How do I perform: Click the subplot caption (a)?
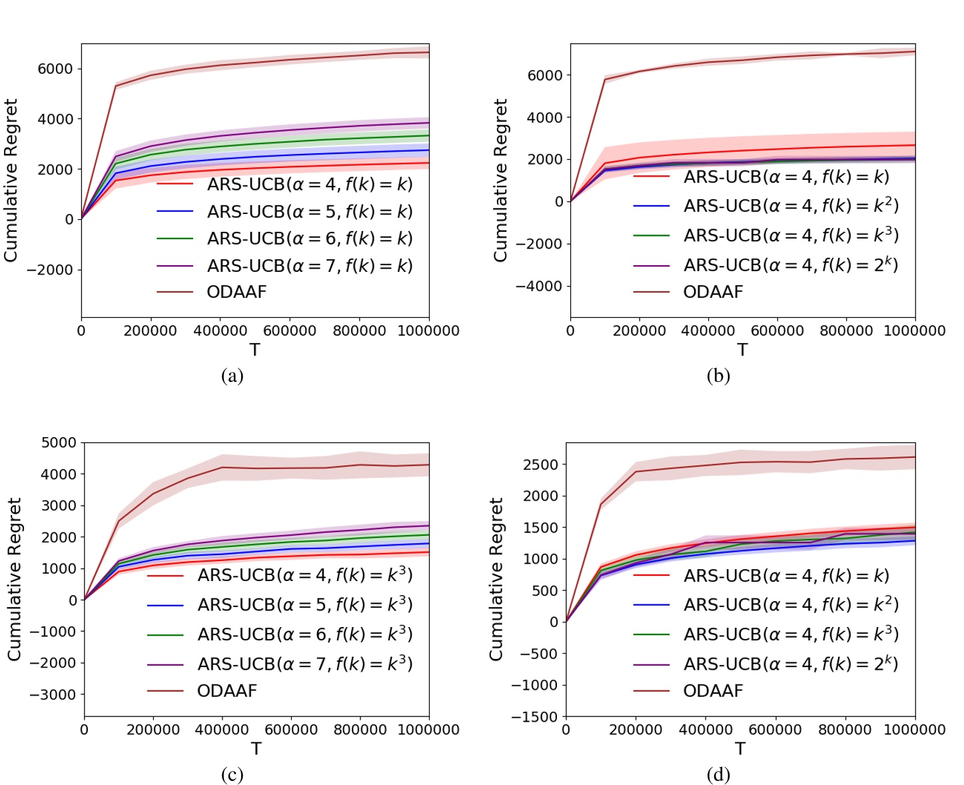[x=232, y=377]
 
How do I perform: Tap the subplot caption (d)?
[x=718, y=775]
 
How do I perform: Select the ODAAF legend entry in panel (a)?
[x=237, y=292]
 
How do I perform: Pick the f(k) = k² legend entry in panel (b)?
[x=791, y=206]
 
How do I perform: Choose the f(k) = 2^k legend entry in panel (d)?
[x=791, y=664]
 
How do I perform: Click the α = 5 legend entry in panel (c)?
[x=304, y=604]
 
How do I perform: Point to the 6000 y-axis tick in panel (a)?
[x=55, y=69]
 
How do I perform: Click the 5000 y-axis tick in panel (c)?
[x=59, y=442]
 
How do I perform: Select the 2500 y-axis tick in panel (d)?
[x=540, y=464]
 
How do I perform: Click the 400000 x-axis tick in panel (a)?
[x=220, y=331]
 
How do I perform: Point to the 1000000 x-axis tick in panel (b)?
[x=914, y=331]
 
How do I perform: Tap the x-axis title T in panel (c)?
[x=256, y=749]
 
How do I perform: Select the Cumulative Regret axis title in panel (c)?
[x=14, y=579]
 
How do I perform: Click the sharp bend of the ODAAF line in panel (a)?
[x=116, y=86]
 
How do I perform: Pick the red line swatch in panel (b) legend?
[x=651, y=177]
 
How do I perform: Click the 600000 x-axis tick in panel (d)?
[x=775, y=730]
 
